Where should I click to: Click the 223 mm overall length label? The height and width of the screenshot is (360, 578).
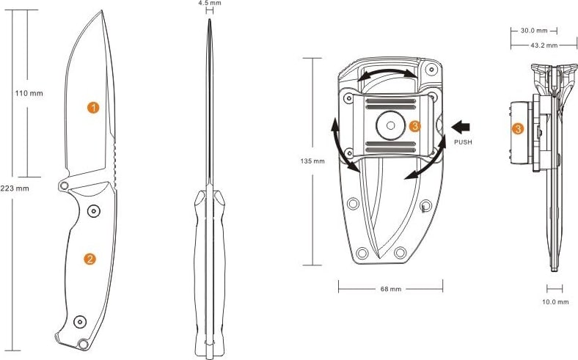point(15,188)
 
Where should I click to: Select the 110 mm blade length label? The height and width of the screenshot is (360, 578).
point(29,93)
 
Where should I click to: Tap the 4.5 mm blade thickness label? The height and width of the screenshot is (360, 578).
point(210,3)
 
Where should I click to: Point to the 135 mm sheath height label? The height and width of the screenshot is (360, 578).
point(312,161)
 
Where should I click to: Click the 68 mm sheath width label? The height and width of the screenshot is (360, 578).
point(391,290)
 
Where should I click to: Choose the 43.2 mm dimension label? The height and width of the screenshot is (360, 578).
point(544,45)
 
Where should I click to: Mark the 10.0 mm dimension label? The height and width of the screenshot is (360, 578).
point(555,302)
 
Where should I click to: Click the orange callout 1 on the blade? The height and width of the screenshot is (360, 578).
point(93,108)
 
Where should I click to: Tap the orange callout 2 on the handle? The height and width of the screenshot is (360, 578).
point(89,259)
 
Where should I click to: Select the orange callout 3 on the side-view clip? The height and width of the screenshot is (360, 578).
point(518,129)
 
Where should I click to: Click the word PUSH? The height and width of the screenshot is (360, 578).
point(463,142)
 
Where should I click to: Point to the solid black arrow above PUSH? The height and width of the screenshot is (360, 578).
point(461,128)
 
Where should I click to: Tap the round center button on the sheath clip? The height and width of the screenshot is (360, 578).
point(390,125)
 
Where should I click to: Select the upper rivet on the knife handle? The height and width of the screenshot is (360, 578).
point(94,211)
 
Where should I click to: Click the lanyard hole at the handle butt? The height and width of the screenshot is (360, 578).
point(84,344)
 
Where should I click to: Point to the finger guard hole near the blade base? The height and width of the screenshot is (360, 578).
point(64,185)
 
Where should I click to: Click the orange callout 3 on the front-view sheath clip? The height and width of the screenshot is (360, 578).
point(414,126)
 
